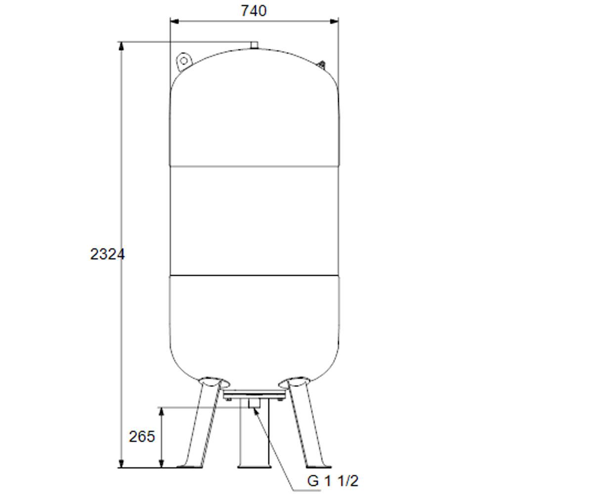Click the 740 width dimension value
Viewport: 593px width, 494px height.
[x=254, y=11]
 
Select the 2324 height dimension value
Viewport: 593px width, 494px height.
[x=107, y=254]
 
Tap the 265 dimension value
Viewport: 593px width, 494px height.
[x=142, y=436]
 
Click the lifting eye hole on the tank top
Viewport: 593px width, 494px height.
[x=184, y=61]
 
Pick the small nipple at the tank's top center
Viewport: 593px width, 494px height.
[x=254, y=45]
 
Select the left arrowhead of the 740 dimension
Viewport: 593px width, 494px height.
[x=174, y=21]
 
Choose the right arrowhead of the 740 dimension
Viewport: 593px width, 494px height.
[x=334, y=21]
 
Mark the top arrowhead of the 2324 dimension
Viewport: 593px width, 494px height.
[x=121, y=46]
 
